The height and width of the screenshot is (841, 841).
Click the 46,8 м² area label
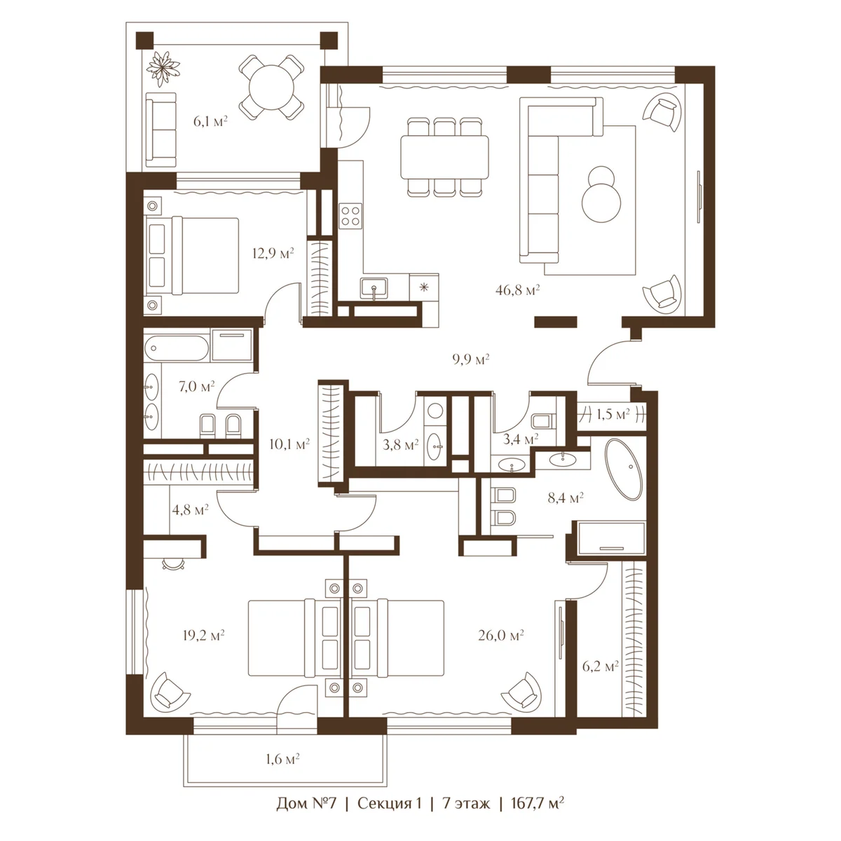point(518,289)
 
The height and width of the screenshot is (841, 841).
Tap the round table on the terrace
point(271,87)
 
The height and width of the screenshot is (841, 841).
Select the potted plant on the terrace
point(163,69)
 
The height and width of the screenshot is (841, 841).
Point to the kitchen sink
point(374,289)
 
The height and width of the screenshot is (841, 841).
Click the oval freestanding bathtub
point(624,469)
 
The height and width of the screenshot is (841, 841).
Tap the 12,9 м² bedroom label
point(273,253)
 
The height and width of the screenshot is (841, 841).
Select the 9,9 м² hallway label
point(470,360)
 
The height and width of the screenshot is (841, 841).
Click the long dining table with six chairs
point(444,157)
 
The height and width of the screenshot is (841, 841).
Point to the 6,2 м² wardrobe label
point(600,666)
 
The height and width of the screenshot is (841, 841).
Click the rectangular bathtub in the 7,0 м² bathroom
point(177,348)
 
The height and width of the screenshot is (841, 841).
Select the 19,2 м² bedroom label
point(203,636)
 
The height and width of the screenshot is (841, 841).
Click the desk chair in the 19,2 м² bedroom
point(172,564)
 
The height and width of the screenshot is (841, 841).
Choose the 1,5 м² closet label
point(613,414)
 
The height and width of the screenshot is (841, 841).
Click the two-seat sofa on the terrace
point(161,130)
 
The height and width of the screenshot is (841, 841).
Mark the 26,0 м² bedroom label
point(501,636)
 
